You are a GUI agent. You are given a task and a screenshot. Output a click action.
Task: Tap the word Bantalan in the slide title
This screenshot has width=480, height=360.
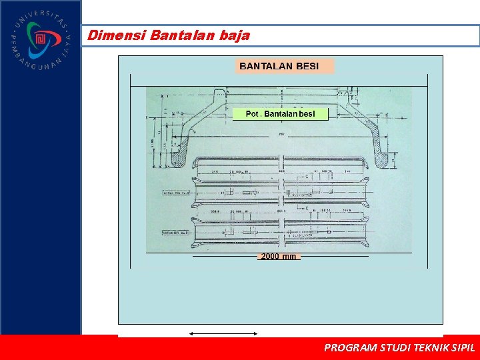point(183,35)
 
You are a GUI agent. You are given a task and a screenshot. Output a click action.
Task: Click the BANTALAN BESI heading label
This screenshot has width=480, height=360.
point(279,65)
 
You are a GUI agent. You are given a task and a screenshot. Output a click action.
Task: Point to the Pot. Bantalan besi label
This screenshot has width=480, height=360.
point(280,114)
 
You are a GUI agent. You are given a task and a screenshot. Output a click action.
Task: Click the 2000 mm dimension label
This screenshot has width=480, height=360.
point(279,256)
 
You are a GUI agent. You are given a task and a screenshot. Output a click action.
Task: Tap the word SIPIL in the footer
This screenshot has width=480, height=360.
point(463,347)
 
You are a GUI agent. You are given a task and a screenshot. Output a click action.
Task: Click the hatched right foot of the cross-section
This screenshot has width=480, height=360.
point(385,158)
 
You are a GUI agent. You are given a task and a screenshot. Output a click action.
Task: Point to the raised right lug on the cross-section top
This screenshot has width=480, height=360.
point(345,93)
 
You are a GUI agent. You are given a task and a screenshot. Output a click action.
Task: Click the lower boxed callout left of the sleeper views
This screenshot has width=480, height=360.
point(176,233)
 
